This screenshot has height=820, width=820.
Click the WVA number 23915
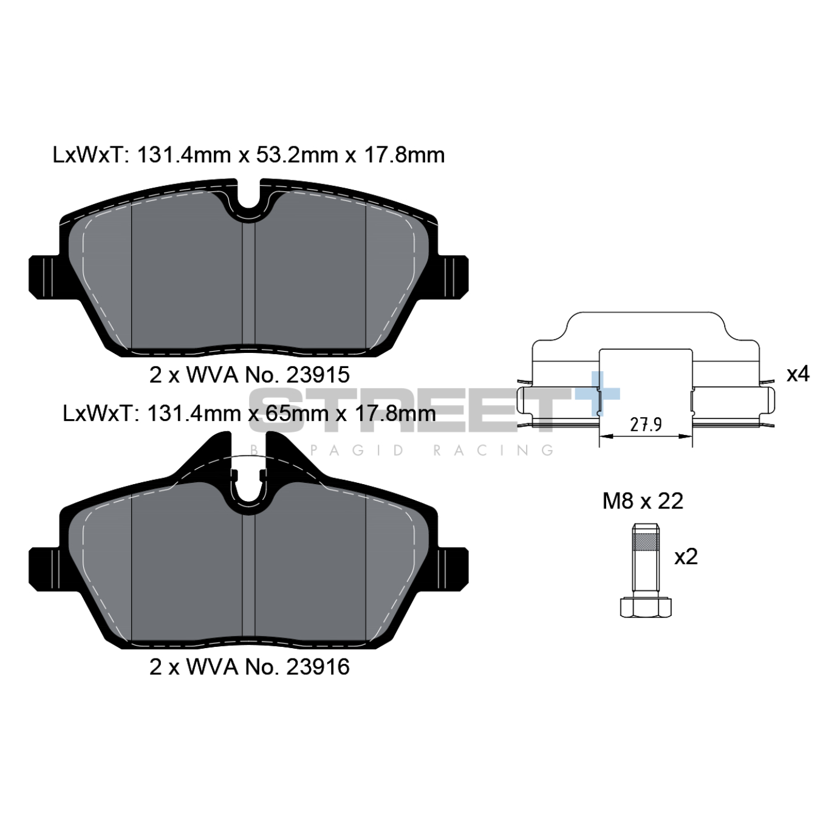pos(318,375)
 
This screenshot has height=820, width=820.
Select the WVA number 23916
pos(318,667)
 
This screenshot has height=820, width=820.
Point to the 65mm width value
pos(289,413)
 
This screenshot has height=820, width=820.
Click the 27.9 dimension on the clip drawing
pos(646,425)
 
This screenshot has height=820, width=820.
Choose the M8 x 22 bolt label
pos(643,501)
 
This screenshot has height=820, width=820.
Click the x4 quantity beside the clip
pos(798,375)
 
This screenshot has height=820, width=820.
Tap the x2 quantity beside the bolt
pos(686,556)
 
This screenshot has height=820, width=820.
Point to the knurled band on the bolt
pos(646,542)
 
